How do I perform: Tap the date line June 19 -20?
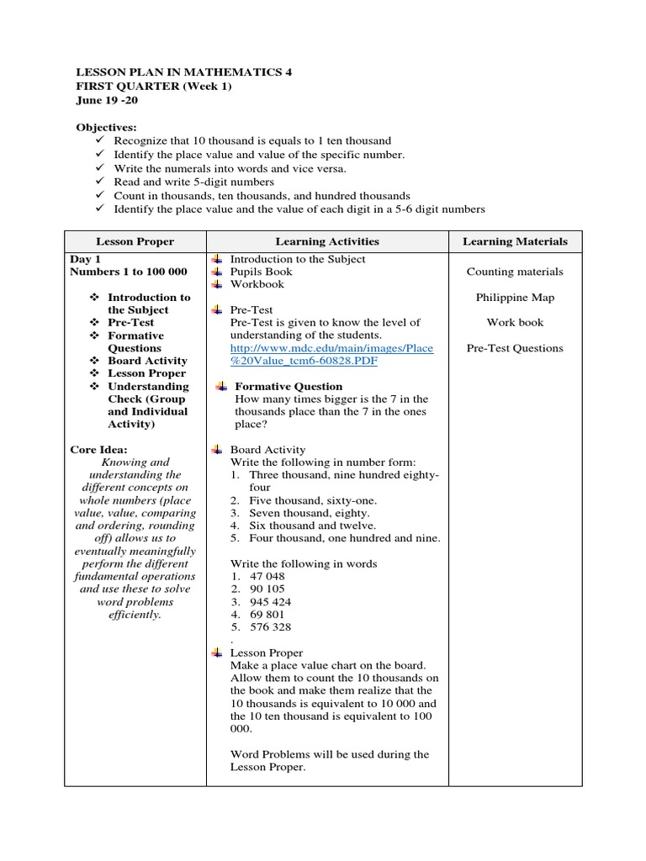[107, 100]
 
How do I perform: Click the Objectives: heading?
[107, 127]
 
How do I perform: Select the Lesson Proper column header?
[135, 241]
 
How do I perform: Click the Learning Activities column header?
[327, 241]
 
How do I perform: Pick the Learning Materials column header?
[515, 241]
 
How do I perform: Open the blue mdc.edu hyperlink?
[332, 354]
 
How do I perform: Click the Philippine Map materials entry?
[515, 298]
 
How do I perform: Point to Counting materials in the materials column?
[515, 272]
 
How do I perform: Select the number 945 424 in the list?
[271, 602]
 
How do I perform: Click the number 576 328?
[271, 627]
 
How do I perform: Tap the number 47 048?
[267, 577]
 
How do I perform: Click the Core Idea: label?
[98, 450]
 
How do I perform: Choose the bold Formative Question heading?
[289, 387]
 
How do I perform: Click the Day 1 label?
[86, 260]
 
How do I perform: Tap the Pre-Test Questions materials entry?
[515, 348]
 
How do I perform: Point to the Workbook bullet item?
[257, 285]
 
